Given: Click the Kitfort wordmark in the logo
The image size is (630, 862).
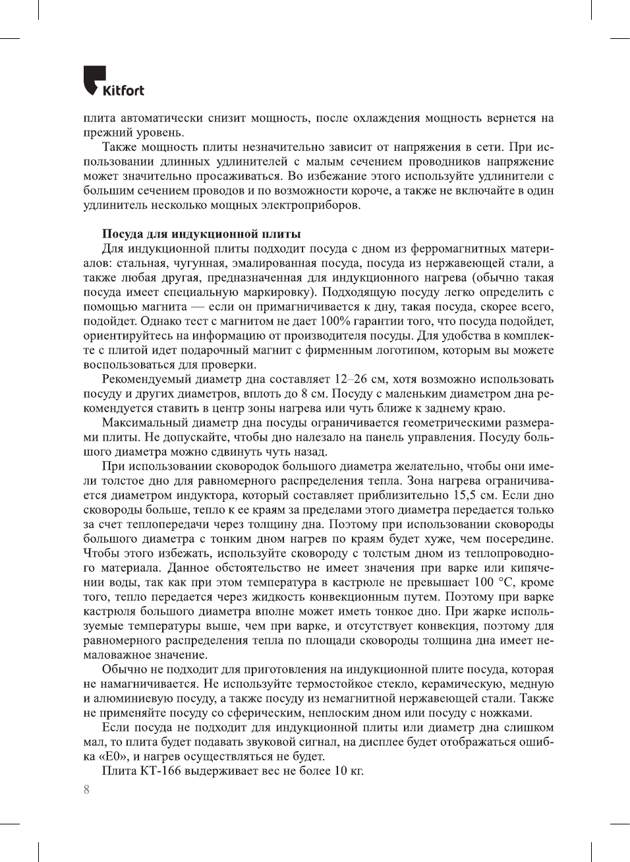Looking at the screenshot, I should (x=123, y=90).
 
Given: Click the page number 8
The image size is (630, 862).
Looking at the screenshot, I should (x=86, y=789).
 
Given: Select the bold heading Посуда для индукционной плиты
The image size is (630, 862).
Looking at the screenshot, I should (x=201, y=234).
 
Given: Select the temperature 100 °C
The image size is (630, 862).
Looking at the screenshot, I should (x=494, y=582).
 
